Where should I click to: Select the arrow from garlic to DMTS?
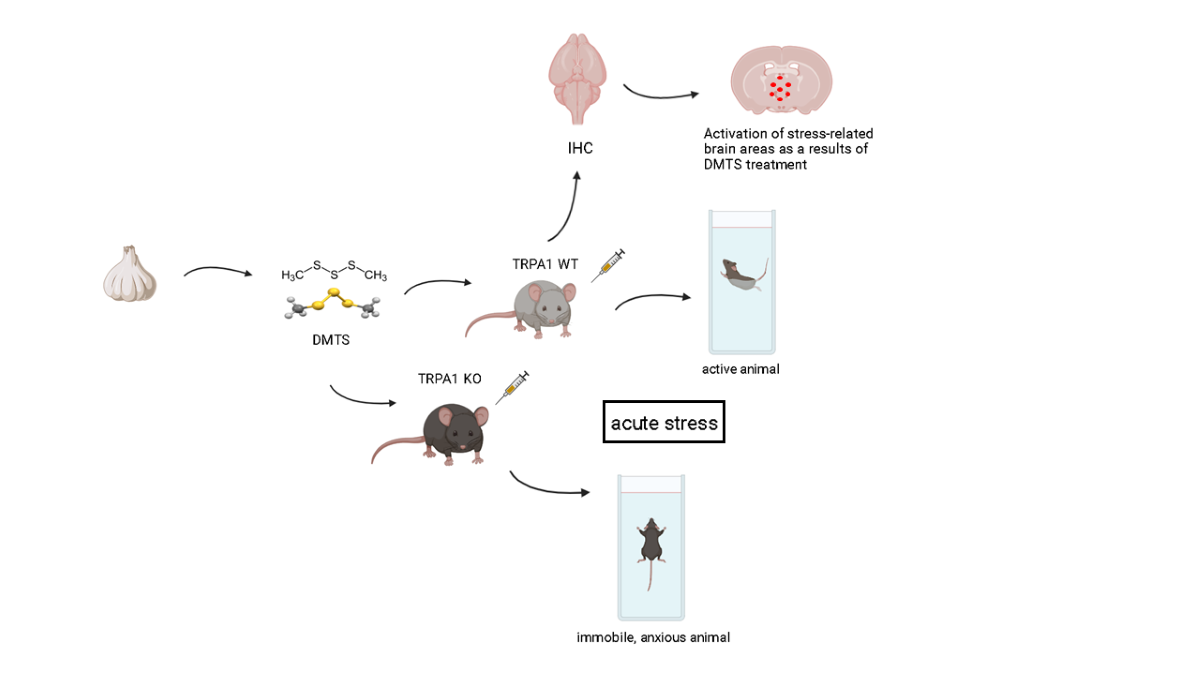click(x=220, y=270)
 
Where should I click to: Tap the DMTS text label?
click(x=332, y=340)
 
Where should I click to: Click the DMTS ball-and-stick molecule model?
click(x=333, y=304)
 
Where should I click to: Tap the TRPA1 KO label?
click(x=449, y=378)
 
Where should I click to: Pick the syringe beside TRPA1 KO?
click(x=511, y=387)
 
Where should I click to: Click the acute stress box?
click(x=663, y=422)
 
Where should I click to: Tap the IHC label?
click(x=579, y=148)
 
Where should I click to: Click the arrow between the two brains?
click(x=661, y=93)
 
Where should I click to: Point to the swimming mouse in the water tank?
click(x=742, y=273)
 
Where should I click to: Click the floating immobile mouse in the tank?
click(x=651, y=547)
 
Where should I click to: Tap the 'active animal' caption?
click(x=740, y=369)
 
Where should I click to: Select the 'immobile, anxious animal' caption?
click(x=653, y=637)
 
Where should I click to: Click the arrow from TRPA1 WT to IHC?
click(x=566, y=205)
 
